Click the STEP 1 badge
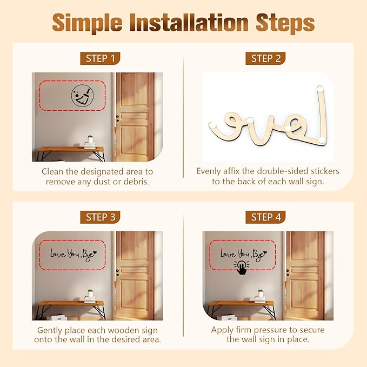[100, 58]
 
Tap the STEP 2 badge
[265, 58]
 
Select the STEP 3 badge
[100, 217]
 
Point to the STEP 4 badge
[265, 217]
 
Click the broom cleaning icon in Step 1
[82, 96]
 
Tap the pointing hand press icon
[242, 268]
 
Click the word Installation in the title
[189, 23]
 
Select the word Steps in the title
[285, 23]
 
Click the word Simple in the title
[87, 23]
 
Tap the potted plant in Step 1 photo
[90, 139]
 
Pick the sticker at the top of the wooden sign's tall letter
[320, 89]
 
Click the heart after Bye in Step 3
[95, 252]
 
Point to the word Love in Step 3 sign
[58, 253]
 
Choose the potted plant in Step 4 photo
[261, 293]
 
